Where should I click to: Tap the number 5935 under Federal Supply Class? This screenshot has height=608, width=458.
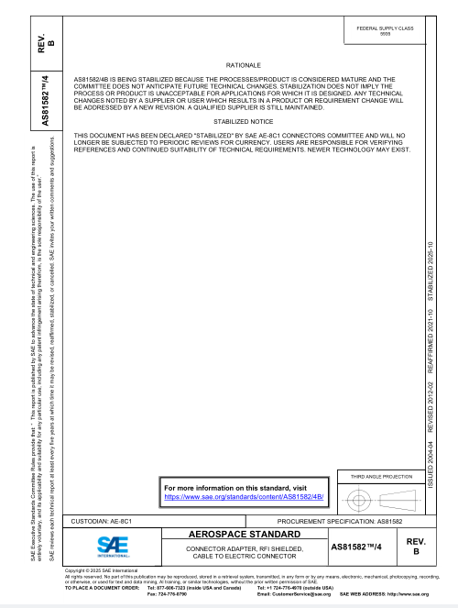[385, 35]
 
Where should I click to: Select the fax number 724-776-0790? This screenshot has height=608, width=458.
[167, 595]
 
